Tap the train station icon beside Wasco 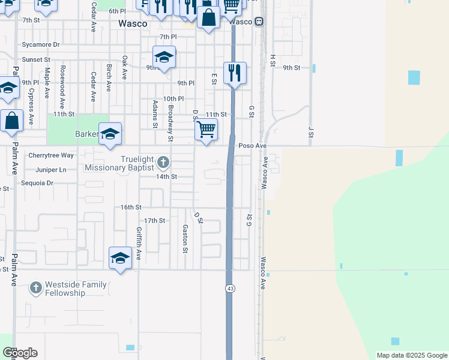259,22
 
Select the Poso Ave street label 252,146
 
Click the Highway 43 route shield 230,289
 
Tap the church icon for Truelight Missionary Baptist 163,163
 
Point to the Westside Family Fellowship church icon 36,288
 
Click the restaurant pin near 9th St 234,73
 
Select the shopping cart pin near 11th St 206,129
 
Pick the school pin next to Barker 110,134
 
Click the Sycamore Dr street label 41,45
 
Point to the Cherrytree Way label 51,155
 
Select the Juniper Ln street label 50,170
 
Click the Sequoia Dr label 37,183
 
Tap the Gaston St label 185,238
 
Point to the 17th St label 154,221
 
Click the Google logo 20,353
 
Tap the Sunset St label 36,60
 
